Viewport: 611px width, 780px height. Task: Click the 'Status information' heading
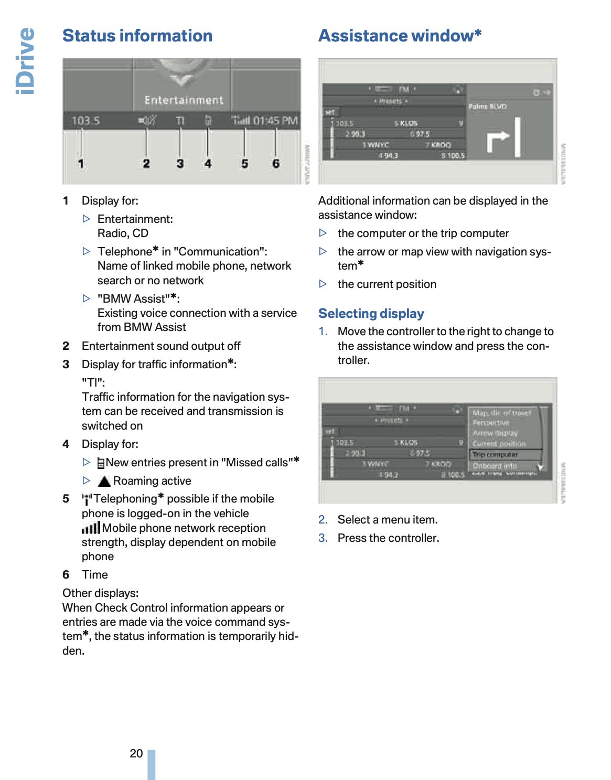[137, 36]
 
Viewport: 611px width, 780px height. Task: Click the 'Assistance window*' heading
[400, 36]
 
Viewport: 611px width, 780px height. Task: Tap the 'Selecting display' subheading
[371, 314]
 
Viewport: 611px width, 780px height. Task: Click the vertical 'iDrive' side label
[25, 61]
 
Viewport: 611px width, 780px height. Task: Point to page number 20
[136, 753]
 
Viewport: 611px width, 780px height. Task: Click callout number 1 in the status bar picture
[81, 164]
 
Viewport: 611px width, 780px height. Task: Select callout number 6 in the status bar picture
[276, 164]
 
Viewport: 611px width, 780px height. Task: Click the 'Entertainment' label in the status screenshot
[184, 100]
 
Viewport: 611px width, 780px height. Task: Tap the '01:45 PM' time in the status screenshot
[275, 121]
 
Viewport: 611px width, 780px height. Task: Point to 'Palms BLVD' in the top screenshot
[487, 106]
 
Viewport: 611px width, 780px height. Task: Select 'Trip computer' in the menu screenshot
[495, 455]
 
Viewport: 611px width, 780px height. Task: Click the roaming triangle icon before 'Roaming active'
[104, 481]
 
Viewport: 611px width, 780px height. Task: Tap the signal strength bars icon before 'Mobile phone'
[91, 528]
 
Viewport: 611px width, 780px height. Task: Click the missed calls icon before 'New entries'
[101, 463]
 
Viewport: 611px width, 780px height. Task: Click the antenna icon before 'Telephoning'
[87, 499]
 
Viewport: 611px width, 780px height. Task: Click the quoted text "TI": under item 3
[93, 382]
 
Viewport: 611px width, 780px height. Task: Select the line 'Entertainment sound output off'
[161, 346]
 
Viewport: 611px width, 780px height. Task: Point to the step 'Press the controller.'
[388, 538]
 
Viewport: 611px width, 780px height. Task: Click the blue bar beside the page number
[152, 764]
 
